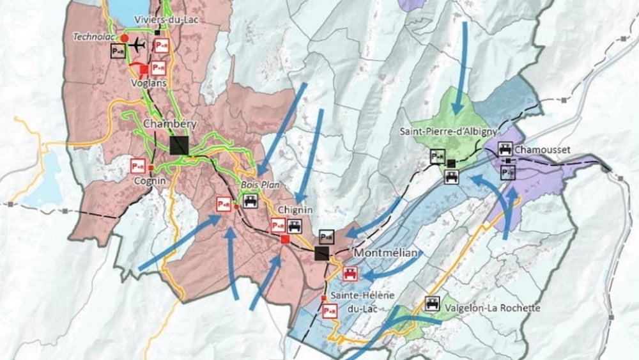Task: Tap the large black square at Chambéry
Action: [x=180, y=145]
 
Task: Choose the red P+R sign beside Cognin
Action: [x=137, y=165]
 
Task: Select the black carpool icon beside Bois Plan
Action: [x=249, y=201]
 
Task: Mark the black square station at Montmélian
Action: [x=321, y=253]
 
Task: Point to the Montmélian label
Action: [x=385, y=253]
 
